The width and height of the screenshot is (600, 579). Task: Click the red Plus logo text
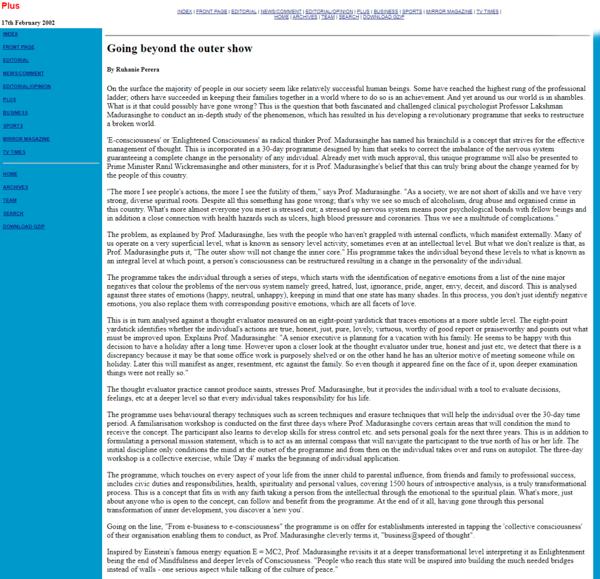[10, 6]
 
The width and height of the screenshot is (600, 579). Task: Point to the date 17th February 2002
[28, 23]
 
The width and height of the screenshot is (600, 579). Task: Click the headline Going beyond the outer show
[179, 49]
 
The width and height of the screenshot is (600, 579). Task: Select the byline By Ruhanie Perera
[133, 69]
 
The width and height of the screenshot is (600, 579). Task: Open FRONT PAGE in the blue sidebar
[19, 47]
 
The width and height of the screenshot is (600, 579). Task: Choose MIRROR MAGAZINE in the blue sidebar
[26, 139]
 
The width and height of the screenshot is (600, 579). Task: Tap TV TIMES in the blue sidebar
[14, 152]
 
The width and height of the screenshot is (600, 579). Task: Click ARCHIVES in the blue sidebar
[15, 187]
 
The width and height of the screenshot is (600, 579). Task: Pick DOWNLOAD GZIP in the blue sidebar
[23, 226]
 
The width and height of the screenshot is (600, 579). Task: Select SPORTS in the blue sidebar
[13, 126]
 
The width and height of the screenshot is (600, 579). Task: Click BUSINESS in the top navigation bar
[386, 12]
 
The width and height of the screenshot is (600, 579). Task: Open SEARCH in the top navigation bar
[348, 17]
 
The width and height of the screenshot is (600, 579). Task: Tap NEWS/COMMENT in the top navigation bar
[282, 12]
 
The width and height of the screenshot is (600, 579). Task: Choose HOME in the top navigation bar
[282, 17]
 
